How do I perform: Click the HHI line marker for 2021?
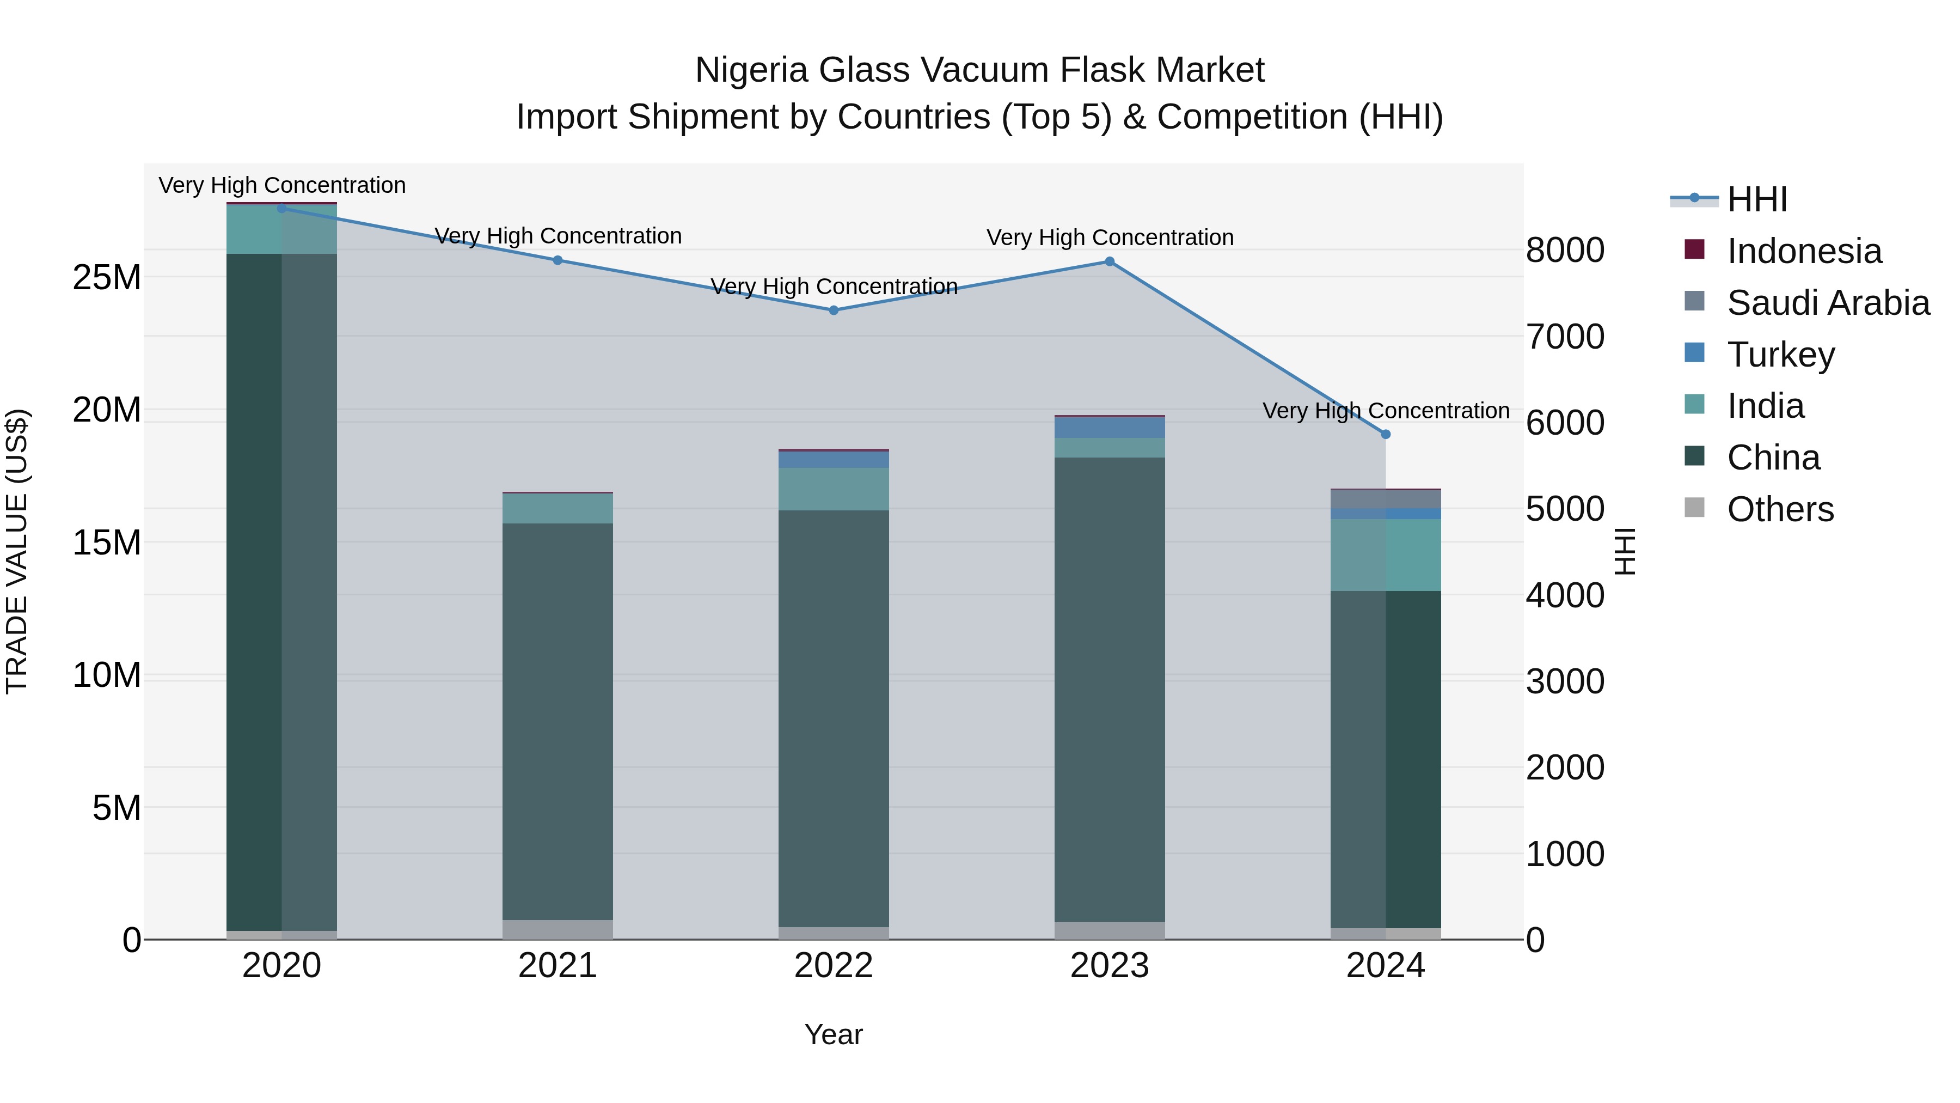click(x=557, y=260)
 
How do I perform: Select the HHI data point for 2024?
click(x=1386, y=435)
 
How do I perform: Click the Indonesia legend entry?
click(x=1803, y=251)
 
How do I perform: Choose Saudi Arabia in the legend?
click(x=1828, y=303)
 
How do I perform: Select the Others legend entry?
click(x=1780, y=509)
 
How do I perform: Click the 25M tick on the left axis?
click(x=107, y=278)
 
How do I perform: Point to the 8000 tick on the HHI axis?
click(x=1565, y=251)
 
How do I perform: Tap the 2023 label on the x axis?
click(x=1110, y=966)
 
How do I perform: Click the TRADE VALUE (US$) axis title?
click(x=17, y=551)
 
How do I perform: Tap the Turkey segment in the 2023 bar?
click(x=1110, y=427)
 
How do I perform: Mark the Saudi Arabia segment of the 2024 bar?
click(x=1386, y=498)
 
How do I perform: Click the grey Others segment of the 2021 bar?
click(x=557, y=929)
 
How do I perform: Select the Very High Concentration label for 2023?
click(x=1110, y=237)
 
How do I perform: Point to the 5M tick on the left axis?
click(x=117, y=808)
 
